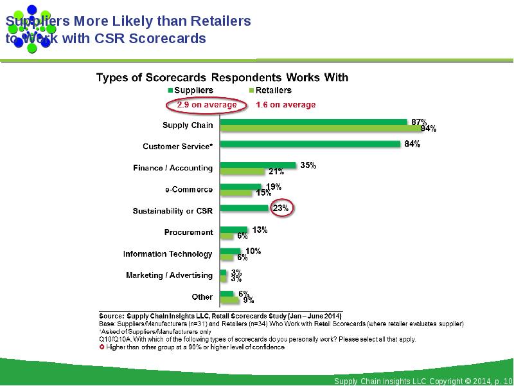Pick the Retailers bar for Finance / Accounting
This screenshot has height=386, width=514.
242,172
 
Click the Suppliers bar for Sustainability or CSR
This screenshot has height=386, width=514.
244,208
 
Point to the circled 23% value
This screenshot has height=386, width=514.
281,208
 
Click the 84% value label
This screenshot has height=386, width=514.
412,145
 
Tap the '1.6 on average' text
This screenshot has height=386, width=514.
286,104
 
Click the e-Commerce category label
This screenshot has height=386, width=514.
189,190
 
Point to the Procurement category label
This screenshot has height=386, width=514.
188,232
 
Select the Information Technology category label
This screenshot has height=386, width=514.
168,254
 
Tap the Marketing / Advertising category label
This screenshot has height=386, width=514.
169,275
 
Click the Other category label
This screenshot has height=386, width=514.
202,297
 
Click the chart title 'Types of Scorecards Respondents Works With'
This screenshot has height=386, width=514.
222,78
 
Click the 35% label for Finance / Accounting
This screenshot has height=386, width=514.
308,165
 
